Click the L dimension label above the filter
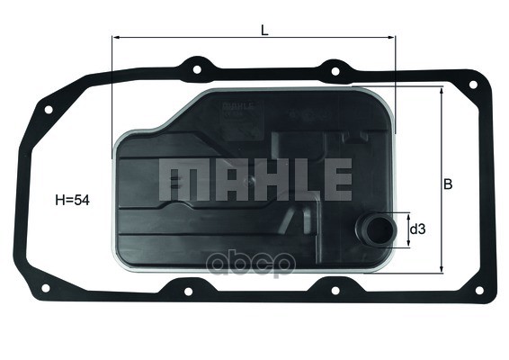[x=263, y=29]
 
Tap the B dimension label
[x=447, y=184]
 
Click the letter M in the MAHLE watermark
[x=178, y=180]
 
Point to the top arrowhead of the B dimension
[x=441, y=92]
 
